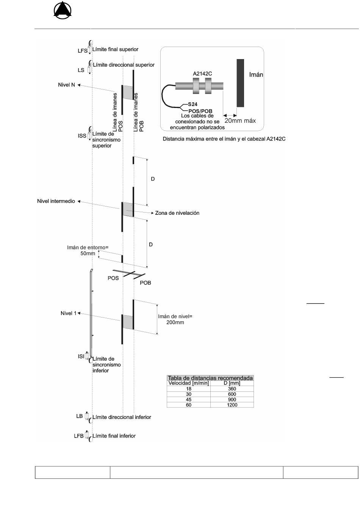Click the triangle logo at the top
coord(63,10)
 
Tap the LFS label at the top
coord(83,51)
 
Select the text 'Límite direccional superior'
coord(124,65)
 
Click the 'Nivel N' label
coord(67,85)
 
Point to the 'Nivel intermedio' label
coord(56,201)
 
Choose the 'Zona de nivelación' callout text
coord(177,213)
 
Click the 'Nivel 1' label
coord(68,313)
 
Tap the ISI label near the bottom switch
coord(81,356)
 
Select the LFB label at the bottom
coord(78,436)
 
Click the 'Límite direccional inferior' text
coord(122,417)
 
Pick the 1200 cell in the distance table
coord(232,405)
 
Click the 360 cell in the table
coord(232,389)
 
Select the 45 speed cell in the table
coord(188,399)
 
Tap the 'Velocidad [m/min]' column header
coord(188,383)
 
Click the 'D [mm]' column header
coord(232,383)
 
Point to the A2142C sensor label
coord(202,73)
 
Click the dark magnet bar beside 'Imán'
coord(240,83)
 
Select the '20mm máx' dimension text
coord(240,120)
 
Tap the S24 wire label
coord(193,104)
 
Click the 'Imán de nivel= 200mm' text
coord(175,319)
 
